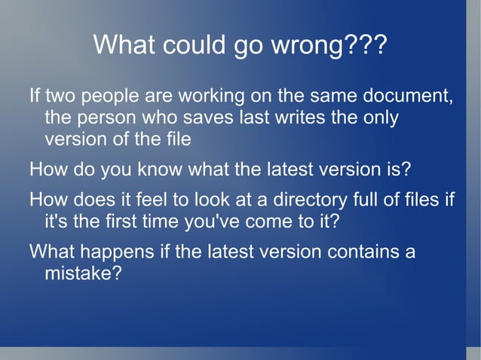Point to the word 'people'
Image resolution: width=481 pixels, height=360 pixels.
click(x=109, y=99)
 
